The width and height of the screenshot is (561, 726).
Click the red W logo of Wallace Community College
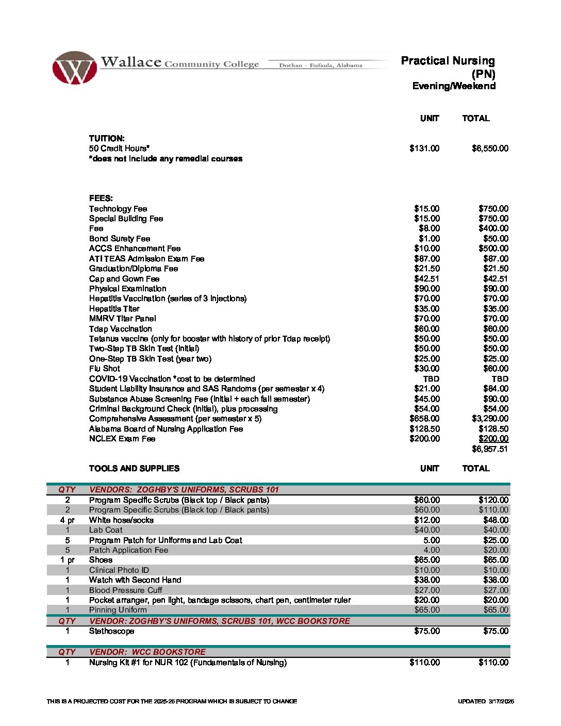click(x=74, y=68)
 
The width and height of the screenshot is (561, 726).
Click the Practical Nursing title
click(x=448, y=61)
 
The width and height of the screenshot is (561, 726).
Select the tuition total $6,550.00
click(x=490, y=148)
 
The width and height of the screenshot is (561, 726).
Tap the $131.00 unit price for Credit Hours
click(x=424, y=148)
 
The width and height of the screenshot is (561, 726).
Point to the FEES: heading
click(x=101, y=199)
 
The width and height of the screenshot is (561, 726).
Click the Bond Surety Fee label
click(x=120, y=239)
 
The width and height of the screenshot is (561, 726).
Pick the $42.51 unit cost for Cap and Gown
click(x=427, y=279)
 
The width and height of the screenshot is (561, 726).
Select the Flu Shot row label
click(x=105, y=369)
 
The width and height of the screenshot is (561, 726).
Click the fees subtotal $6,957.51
click(x=490, y=449)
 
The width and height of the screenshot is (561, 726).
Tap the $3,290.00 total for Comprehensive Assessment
click(x=490, y=419)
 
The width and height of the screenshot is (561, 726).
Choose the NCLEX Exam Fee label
click(x=122, y=439)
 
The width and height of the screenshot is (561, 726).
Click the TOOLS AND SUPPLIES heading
click(x=134, y=469)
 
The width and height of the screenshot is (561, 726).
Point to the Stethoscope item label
click(x=111, y=631)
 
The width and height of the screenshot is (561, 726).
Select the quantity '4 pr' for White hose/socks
click(x=67, y=520)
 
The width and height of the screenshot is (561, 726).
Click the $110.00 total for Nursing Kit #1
click(x=493, y=663)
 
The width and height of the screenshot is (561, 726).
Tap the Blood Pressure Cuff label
click(x=125, y=590)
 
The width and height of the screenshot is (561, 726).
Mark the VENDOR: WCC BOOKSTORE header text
click(x=147, y=652)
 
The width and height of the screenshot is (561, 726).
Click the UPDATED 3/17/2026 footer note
click(x=486, y=701)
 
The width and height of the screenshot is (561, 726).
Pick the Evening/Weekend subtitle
click(x=454, y=86)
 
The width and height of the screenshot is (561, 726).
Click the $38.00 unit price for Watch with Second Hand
click(x=427, y=580)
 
